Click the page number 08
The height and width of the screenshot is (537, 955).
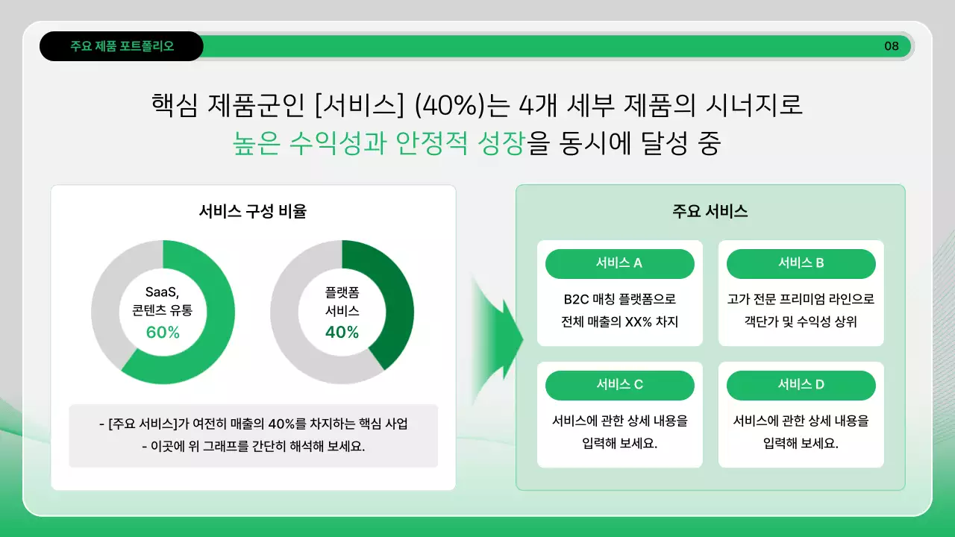pos(892,46)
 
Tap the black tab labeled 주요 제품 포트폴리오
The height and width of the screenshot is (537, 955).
pos(122,46)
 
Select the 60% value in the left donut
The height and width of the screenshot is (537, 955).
pos(163,333)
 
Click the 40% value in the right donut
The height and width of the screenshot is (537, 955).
pos(342,333)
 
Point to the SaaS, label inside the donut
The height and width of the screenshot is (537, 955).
pos(163,292)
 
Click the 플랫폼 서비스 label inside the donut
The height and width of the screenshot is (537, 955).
pos(342,301)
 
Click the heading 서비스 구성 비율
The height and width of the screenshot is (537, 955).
pos(253,211)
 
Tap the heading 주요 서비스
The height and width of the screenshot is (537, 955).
pos(710,211)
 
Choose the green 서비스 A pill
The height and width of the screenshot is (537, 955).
pos(619,263)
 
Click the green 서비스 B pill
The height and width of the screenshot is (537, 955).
pos(801,263)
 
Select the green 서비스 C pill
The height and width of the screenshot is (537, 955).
pos(619,385)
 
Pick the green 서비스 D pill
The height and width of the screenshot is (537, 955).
pos(801,385)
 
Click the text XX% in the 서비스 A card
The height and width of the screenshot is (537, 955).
pos(641,322)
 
